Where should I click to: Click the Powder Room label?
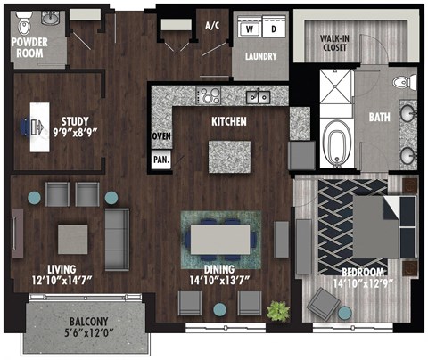tap(29, 46)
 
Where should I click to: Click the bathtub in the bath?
tap(338, 143)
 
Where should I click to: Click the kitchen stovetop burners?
tap(210, 95)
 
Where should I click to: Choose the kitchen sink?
tap(258, 95)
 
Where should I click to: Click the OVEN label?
tap(161, 135)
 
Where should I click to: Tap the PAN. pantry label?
tap(161, 159)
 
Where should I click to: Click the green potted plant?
tap(279, 310)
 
